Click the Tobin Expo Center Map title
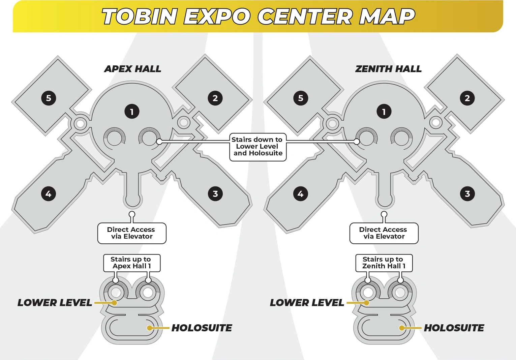[x=258, y=17]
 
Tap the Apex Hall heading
[x=132, y=69]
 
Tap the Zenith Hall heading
[x=388, y=69]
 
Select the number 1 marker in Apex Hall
[x=132, y=112]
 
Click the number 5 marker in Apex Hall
[x=49, y=98]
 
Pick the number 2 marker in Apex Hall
[x=215, y=98]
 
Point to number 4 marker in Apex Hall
[x=49, y=194]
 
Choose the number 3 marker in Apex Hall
[x=215, y=194]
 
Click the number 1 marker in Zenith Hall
[x=384, y=112]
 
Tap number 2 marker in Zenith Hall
[x=467, y=98]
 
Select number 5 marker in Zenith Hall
[x=301, y=98]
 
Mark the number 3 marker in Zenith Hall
[x=467, y=194]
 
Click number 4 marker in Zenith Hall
[x=301, y=194]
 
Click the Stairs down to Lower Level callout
[x=258, y=147]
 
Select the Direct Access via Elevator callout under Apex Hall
[x=132, y=233]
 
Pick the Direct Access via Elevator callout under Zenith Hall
[x=384, y=233]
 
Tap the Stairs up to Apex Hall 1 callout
[x=131, y=263]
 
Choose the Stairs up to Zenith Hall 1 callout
[x=384, y=263]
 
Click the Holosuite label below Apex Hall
[x=202, y=328]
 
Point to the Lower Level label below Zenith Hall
[x=307, y=303]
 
